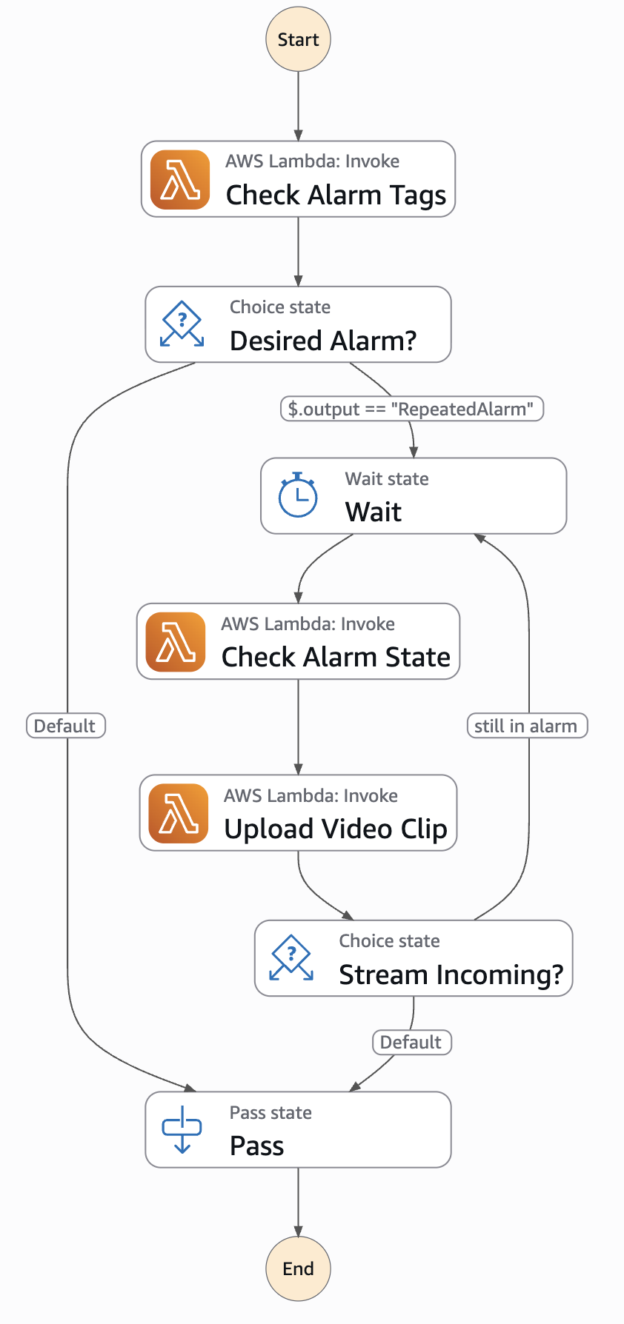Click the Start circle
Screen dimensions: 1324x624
pos(298,39)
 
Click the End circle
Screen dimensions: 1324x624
pos(298,1268)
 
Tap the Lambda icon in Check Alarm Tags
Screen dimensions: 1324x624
pos(180,180)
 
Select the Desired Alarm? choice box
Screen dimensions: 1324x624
pos(298,324)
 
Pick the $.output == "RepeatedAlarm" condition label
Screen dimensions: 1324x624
pos(411,409)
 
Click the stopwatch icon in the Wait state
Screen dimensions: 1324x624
pos(297,495)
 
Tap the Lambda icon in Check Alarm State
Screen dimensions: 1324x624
pos(176,642)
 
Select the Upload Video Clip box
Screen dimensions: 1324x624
pos(298,813)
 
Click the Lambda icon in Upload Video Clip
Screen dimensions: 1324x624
pos(179,813)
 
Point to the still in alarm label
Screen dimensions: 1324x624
pos(526,726)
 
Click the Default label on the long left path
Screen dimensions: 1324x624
pos(65,726)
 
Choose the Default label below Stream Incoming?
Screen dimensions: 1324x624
pos(411,1042)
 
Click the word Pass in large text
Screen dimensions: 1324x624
pos(256,1146)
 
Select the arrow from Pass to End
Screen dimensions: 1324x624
pos(298,1201)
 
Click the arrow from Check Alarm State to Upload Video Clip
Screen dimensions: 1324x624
pos(298,726)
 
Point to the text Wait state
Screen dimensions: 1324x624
pos(386,479)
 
